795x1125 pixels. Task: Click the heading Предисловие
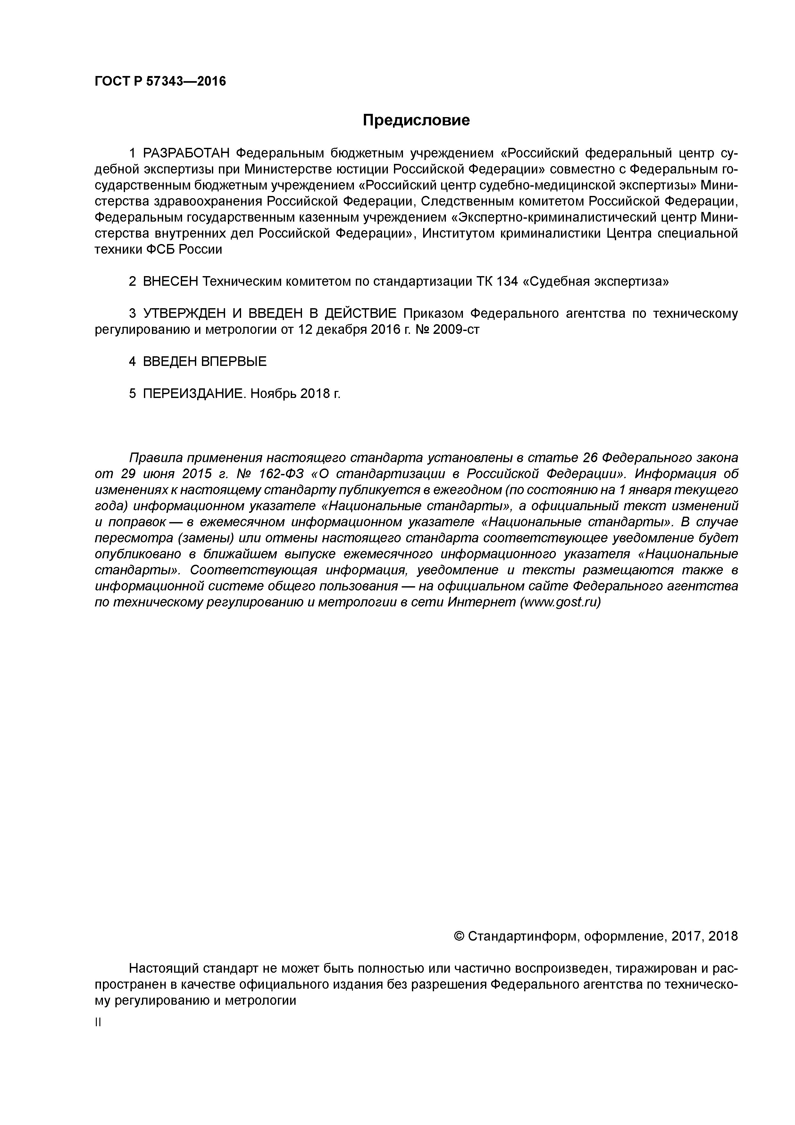pos(416,120)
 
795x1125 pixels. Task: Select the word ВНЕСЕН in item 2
pos(171,282)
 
